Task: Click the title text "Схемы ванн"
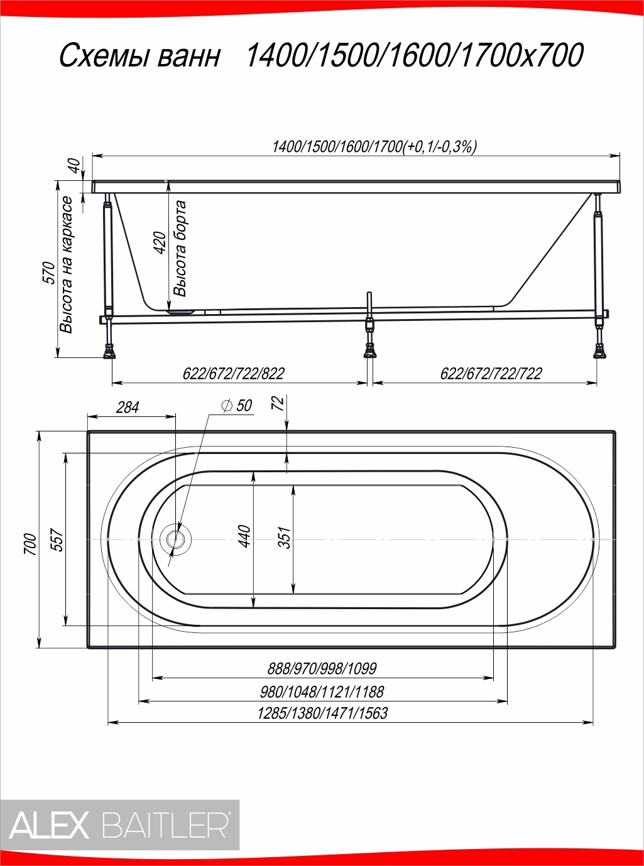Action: [x=140, y=55]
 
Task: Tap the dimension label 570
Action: [x=50, y=273]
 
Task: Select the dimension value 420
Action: [x=160, y=243]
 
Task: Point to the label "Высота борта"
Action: [x=180, y=249]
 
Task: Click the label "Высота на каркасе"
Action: [x=67, y=265]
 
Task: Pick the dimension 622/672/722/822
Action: [x=234, y=374]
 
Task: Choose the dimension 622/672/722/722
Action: [x=491, y=374]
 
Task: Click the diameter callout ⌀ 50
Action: [x=237, y=406]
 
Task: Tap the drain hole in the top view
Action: [x=175, y=539]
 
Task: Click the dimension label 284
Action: [x=128, y=408]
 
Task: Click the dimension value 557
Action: [x=57, y=540]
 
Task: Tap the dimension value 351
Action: [x=286, y=538]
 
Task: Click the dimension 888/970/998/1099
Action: [x=322, y=669]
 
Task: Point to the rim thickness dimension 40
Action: [x=77, y=166]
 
